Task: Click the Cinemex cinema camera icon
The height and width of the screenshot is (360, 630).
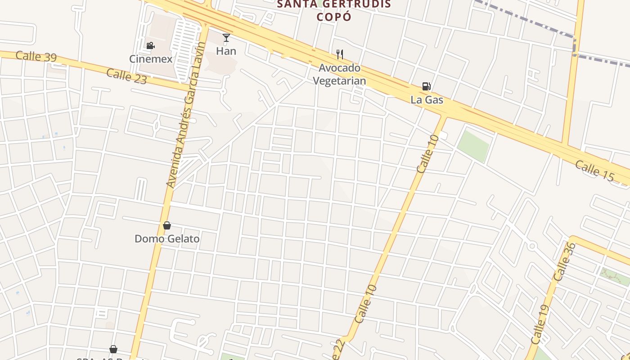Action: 150,45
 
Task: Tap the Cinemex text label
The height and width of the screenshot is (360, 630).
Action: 151,59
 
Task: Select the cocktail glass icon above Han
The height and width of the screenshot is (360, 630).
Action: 226,38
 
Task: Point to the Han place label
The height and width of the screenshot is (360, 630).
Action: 226,51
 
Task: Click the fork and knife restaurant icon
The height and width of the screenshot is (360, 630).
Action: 340,54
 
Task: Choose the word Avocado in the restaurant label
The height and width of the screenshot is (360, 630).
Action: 340,68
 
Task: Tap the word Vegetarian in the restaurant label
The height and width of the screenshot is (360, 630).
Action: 339,81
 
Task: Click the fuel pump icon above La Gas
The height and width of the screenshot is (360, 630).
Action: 426,86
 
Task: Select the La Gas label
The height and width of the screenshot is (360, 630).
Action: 427,99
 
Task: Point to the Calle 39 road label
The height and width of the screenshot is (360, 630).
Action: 36,57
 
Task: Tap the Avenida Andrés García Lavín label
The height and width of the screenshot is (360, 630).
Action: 186,115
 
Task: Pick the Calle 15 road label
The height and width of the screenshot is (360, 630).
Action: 594,171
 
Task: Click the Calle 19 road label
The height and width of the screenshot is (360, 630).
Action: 540,324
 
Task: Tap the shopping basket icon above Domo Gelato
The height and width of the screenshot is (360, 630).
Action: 167,225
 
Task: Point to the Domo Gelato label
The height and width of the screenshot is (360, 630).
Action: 167,238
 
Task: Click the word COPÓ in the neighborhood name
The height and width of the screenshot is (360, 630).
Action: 333,17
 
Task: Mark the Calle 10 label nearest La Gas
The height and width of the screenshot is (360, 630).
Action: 427,154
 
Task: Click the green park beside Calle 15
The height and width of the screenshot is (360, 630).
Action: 473,146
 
